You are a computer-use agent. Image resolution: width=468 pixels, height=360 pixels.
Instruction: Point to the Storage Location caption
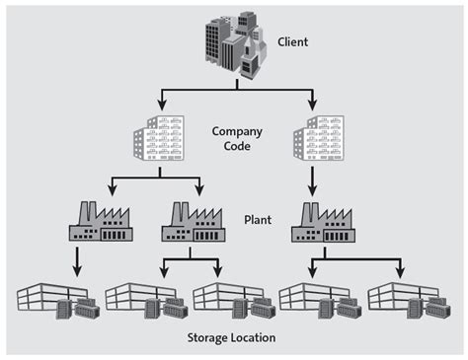point(231,338)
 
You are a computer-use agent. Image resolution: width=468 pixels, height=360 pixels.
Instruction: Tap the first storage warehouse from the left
point(57,300)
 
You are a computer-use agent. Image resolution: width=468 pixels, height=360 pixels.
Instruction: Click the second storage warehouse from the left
point(145,300)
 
